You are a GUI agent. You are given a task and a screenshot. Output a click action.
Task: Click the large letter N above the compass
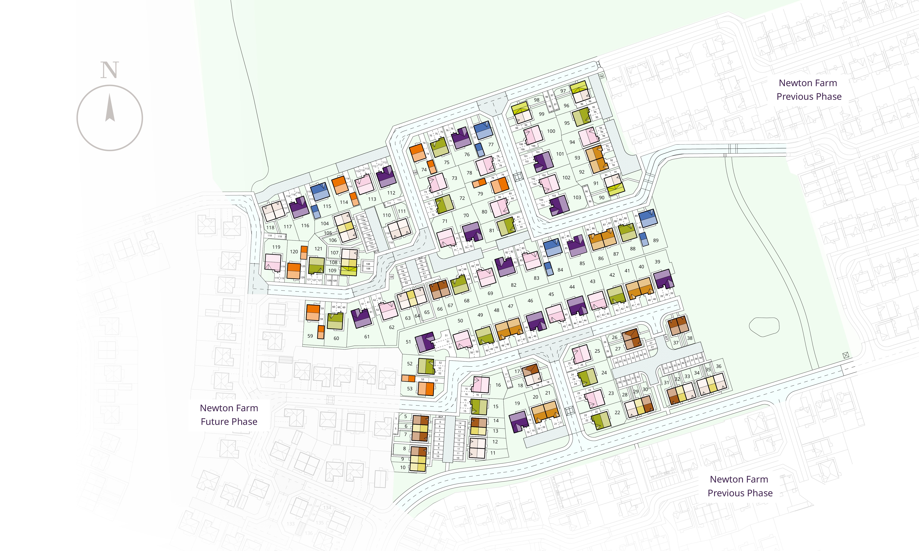110,70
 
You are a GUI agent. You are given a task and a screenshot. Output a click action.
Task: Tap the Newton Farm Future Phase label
229,415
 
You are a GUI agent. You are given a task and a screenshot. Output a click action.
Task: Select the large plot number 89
656,240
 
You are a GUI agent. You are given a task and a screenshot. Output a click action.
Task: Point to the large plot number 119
276,247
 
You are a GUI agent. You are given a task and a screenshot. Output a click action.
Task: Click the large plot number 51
408,342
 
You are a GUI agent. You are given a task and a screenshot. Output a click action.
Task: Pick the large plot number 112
391,193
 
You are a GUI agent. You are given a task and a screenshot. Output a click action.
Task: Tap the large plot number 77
491,144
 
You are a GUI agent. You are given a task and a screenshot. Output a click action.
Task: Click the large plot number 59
310,336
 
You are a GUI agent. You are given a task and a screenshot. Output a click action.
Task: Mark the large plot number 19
517,403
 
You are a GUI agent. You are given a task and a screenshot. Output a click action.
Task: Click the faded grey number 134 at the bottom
327,507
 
